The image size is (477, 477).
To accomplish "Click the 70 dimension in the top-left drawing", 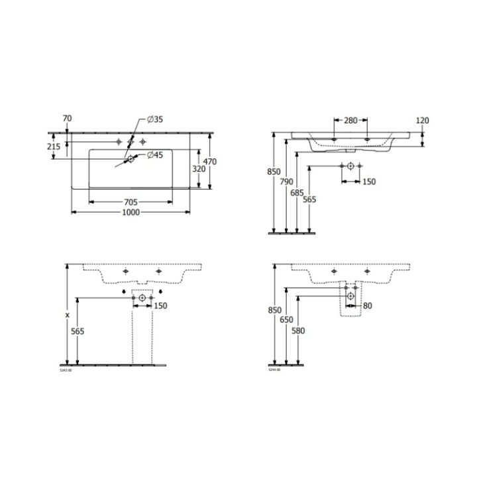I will (67, 119).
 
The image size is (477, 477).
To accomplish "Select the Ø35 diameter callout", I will (150, 119).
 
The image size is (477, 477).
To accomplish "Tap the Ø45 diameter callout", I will (150, 155).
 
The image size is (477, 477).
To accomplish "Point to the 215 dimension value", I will (56, 146).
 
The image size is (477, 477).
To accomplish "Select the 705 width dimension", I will (130, 202).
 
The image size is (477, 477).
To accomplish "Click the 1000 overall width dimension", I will (130, 213).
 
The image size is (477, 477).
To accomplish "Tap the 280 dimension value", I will (350, 121).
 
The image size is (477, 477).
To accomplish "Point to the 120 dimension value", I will (423, 121).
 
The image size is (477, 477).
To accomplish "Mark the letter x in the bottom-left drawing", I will (68, 315).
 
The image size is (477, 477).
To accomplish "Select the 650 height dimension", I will (286, 319).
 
